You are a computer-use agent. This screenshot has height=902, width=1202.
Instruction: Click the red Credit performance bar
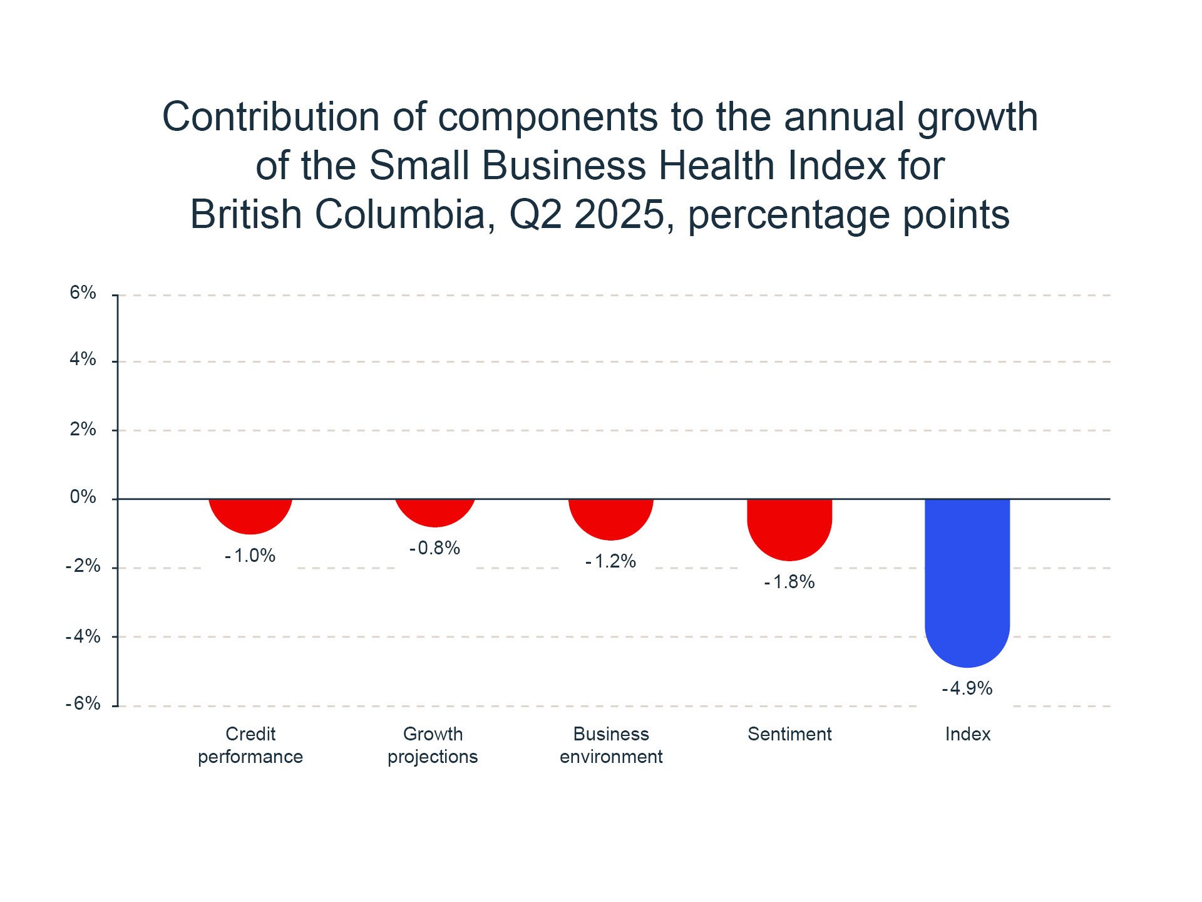click(x=250, y=515)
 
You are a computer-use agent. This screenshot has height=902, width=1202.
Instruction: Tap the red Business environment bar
click(x=611, y=518)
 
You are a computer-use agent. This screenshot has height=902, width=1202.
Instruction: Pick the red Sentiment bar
click(x=789, y=528)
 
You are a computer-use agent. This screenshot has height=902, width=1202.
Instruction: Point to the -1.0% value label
click(x=250, y=556)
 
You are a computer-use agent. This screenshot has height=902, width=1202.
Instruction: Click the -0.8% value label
click(x=435, y=549)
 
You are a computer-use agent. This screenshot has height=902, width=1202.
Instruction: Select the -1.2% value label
click(x=611, y=561)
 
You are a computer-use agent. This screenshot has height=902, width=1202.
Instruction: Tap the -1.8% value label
click(x=789, y=583)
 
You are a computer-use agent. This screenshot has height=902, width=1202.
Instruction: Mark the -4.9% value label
click(x=967, y=689)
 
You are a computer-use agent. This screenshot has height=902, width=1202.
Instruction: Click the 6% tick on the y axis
click(x=83, y=293)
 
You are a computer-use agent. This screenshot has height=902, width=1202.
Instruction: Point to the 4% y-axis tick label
click(x=83, y=360)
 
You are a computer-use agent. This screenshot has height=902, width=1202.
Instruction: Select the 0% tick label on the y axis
click(x=83, y=497)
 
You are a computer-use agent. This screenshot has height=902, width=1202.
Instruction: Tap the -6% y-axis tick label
click(x=83, y=704)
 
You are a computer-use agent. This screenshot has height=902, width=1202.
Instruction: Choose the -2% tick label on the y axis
click(x=83, y=566)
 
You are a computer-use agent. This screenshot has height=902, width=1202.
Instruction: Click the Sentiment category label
click(x=789, y=734)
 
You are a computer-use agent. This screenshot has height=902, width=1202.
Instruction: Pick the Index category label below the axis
click(x=968, y=734)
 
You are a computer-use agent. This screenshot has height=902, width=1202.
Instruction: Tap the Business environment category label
click(x=611, y=745)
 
